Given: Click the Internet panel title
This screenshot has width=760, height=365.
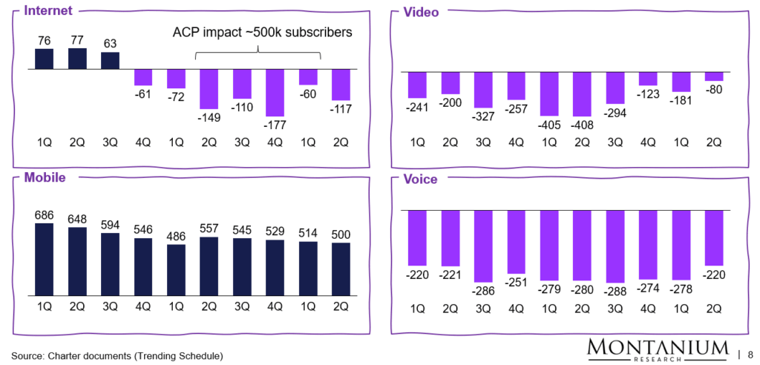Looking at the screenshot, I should tap(47, 12).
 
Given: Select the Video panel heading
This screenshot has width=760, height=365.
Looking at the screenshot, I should tap(421, 12).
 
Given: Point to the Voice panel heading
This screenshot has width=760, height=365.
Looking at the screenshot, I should tap(420, 179).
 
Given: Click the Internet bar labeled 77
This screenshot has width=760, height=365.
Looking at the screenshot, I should tap(77, 59).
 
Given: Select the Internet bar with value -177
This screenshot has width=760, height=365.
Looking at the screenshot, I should tap(275, 92).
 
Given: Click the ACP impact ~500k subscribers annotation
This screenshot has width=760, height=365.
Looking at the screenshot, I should tap(258, 33).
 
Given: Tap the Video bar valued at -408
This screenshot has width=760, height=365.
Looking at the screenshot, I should tap(583, 94).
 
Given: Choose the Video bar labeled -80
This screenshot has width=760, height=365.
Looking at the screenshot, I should tap(714, 76).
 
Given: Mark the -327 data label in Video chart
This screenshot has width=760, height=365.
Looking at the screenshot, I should tap(484, 116).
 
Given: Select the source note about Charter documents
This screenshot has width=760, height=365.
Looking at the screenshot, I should tap(117, 355).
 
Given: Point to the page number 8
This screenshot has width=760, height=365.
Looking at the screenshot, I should tap(750, 353).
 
